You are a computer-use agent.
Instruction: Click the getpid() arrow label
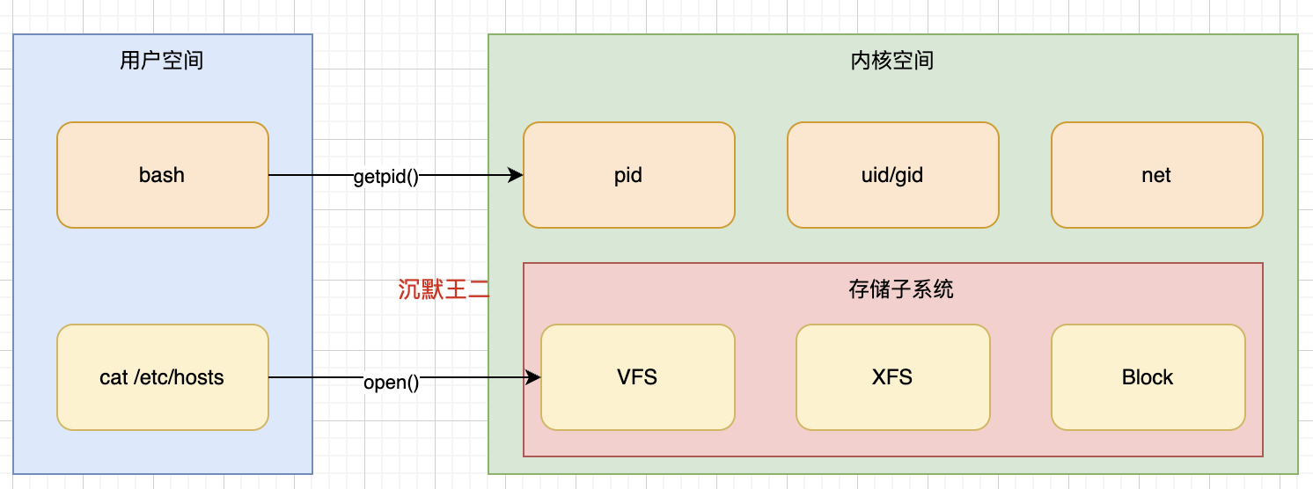coord(385,176)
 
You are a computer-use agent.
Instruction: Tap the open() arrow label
coord(391,383)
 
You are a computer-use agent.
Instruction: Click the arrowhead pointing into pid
coord(517,175)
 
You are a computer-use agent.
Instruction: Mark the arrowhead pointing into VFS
coord(533,377)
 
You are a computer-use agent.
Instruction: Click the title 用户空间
coord(162,61)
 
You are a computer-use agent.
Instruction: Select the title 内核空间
coord(892,61)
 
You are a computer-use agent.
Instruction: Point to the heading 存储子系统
coord(892,288)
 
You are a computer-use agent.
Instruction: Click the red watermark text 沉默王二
coord(443,289)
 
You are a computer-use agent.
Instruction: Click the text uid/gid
coord(892,175)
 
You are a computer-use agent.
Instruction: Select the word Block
coord(1148,377)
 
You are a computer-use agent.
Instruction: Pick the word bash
coord(162,175)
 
